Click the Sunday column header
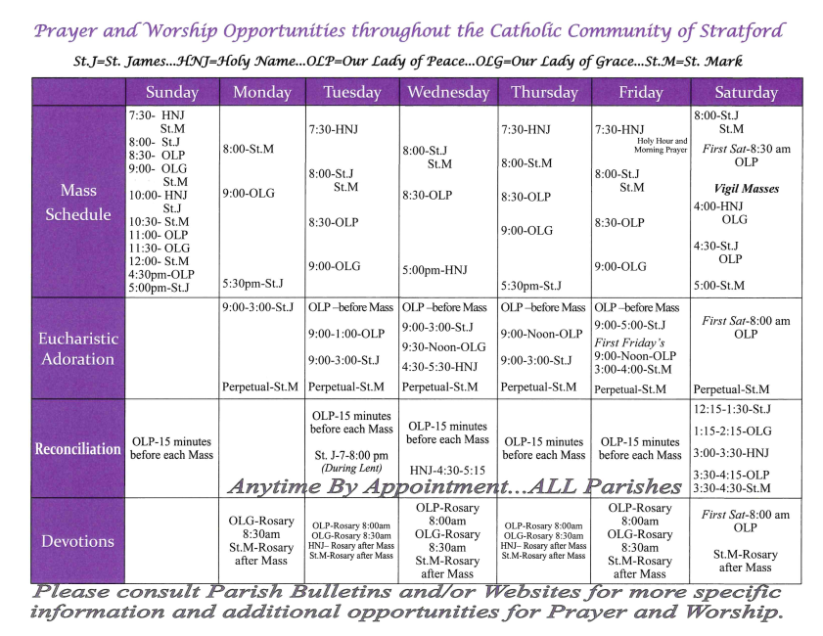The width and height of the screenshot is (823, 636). tap(172, 93)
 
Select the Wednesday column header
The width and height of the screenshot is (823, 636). tap(448, 93)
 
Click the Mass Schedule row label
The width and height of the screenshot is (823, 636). tap(78, 202)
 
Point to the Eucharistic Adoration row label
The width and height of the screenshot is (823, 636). tap(78, 348)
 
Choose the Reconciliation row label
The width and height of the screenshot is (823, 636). tap(78, 449)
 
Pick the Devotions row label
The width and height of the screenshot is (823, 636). tap(78, 541)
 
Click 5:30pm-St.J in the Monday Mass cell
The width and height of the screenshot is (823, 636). tap(252, 284)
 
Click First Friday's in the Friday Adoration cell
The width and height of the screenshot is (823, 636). tap(629, 342)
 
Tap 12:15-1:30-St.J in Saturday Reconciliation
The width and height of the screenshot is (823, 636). tap(732, 408)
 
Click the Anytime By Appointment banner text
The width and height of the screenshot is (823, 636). tap(455, 486)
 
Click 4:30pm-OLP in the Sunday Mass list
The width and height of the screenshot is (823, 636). tap(162, 275)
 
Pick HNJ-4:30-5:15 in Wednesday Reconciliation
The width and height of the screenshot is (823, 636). tap(447, 469)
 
